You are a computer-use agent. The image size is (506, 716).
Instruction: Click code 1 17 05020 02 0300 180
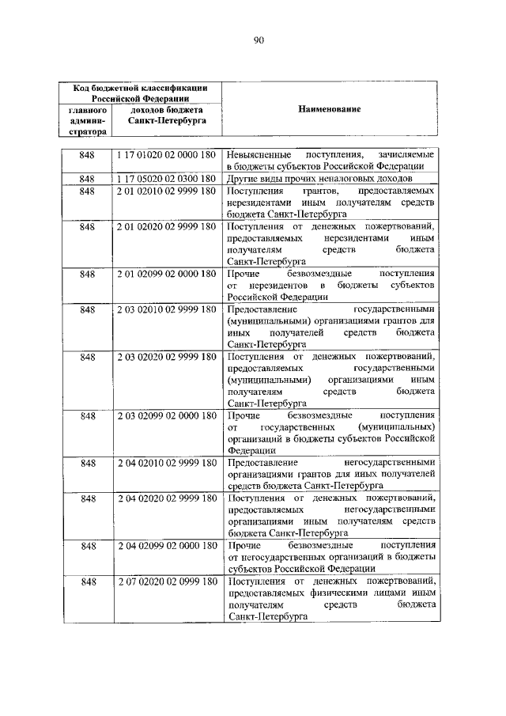pos(167,179)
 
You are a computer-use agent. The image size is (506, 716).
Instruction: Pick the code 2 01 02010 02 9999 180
pos(167,191)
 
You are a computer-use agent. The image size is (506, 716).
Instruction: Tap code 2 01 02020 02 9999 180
pos(167,227)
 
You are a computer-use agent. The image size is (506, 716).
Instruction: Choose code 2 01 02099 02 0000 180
pos(167,275)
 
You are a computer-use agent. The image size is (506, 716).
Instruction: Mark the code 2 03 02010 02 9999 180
pos(167,309)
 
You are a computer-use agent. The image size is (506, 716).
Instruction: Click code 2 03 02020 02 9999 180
pos(167,357)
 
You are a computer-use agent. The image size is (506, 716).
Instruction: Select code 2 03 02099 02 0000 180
pos(167,415)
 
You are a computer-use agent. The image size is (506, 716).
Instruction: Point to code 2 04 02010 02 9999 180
pos(167,462)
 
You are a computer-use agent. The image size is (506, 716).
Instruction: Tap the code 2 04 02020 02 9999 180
pos(167,498)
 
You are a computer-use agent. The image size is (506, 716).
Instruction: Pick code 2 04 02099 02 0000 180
pos(167,545)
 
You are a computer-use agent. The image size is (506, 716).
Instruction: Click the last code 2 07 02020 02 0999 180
pos(167,582)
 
